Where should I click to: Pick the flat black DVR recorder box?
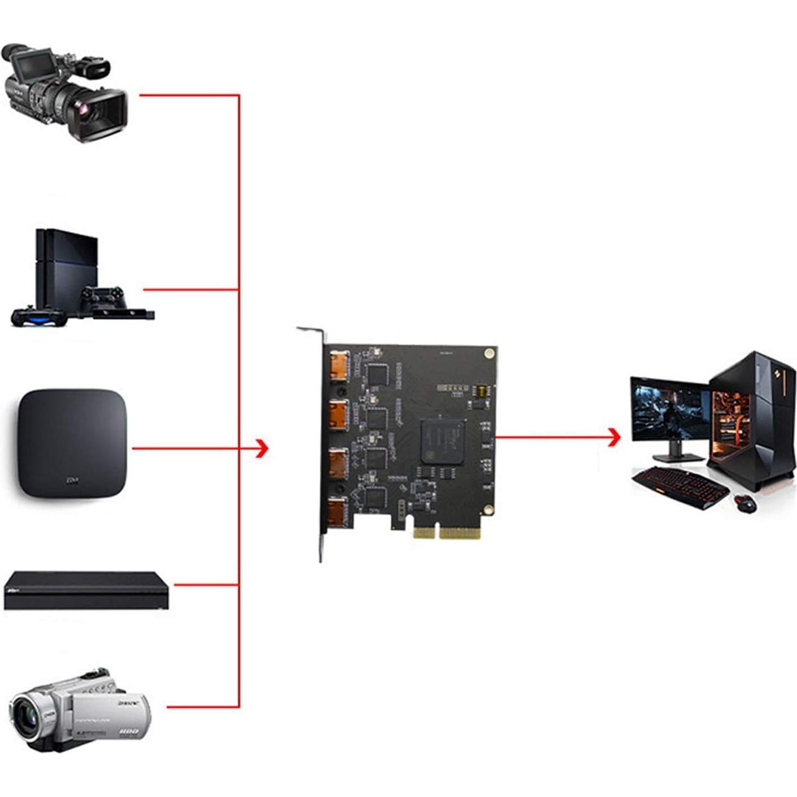pyautogui.click(x=86, y=590)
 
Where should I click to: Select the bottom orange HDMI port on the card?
pyautogui.click(x=339, y=511)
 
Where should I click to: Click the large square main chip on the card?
pyautogui.click(x=442, y=442)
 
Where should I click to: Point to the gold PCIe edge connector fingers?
pyautogui.click(x=446, y=532)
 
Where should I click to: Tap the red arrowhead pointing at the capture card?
pyautogui.click(x=261, y=448)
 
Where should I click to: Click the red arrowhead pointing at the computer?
pyautogui.click(x=614, y=437)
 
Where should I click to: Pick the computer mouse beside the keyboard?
pyautogui.click(x=746, y=502)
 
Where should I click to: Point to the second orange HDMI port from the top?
pyautogui.click(x=339, y=414)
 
